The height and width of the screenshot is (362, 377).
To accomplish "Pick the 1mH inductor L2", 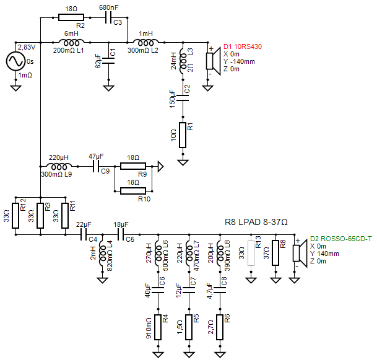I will [146, 42].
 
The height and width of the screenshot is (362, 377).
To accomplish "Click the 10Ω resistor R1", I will [183, 135].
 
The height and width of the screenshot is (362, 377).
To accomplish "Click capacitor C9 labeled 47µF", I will [96, 167].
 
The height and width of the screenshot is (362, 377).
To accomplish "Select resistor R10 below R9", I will [133, 190].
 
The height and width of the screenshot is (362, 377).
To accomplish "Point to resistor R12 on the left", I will [15, 214].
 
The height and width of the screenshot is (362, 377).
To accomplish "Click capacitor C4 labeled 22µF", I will [84, 235].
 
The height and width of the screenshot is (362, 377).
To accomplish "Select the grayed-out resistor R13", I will [251, 253].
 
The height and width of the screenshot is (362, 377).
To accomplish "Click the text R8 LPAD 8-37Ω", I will [256, 222].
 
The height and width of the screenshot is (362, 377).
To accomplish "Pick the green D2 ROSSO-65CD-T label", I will [341, 238].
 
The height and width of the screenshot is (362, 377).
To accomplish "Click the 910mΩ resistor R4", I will [158, 326].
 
